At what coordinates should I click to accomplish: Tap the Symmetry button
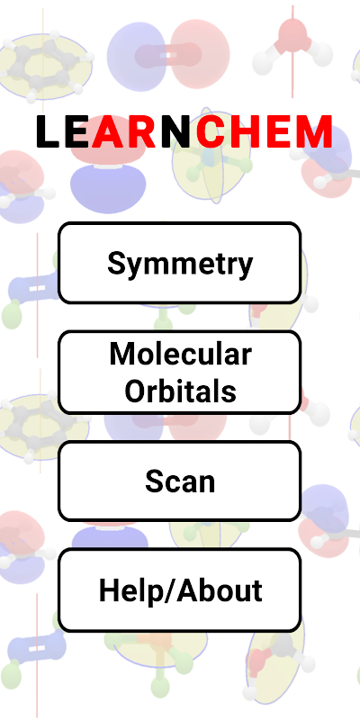[179, 263]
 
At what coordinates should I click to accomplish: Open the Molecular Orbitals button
[179, 372]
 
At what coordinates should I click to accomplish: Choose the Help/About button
[179, 590]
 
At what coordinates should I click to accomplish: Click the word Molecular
[181, 354]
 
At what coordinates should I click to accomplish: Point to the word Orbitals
[181, 391]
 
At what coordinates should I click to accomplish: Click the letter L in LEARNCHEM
[48, 131]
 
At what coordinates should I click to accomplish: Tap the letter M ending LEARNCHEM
[313, 131]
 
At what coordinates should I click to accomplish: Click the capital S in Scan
[155, 481]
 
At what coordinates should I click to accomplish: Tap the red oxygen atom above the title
[292, 33]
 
